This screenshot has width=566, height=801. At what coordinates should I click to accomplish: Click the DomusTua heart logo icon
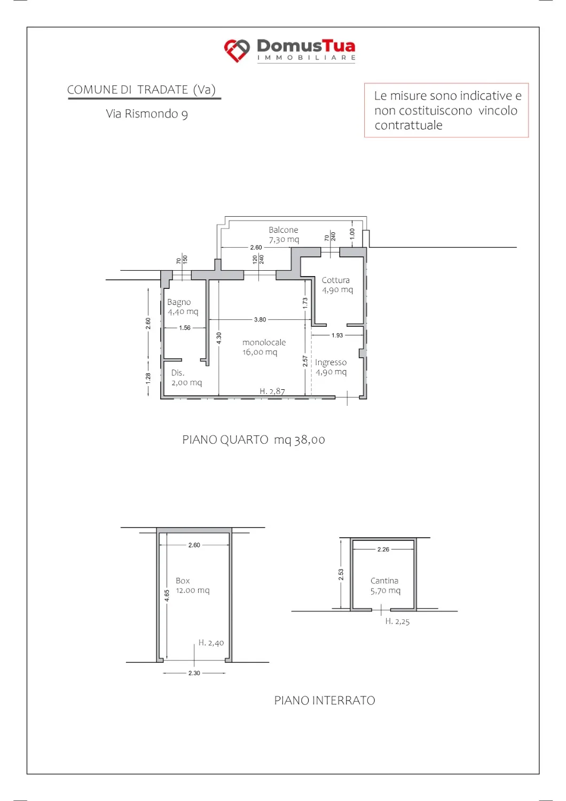(237, 50)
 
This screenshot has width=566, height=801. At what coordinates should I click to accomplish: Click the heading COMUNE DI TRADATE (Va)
(141, 90)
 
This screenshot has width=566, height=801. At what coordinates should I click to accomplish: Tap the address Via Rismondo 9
(147, 114)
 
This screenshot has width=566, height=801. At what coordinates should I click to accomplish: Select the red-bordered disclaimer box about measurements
(446, 110)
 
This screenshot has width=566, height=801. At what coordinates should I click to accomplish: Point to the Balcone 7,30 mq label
(284, 234)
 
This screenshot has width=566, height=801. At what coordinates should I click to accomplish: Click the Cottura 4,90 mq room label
(337, 285)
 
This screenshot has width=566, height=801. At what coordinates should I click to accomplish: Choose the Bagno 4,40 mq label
(183, 307)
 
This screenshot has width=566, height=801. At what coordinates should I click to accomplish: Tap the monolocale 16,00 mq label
(264, 347)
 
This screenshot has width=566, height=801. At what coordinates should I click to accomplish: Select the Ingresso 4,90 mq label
(331, 367)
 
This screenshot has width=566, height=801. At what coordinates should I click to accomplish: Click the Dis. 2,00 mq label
(186, 378)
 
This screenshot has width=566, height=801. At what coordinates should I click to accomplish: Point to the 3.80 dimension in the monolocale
(260, 320)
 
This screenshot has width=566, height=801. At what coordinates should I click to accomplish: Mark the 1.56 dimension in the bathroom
(185, 328)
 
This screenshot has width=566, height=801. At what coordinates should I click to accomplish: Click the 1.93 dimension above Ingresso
(337, 335)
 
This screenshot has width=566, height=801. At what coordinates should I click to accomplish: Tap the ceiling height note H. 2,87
(272, 391)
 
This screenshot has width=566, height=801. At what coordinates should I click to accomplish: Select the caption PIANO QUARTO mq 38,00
(254, 440)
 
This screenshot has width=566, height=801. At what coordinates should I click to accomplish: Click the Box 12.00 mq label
(192, 585)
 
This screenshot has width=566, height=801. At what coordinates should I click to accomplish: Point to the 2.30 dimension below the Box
(194, 673)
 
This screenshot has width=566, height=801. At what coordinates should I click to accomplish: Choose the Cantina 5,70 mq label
(385, 586)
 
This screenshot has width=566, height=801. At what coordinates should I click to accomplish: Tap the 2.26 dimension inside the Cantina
(383, 549)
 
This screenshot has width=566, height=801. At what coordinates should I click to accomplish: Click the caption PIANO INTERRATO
(325, 700)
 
